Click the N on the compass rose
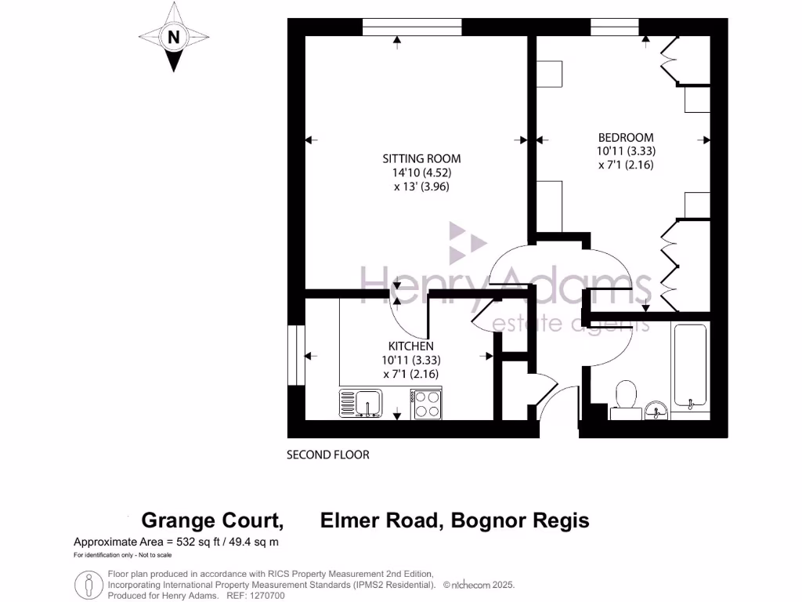[x=173, y=36]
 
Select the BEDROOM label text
[x=625, y=137]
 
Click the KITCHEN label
[x=410, y=346]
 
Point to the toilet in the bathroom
[x=626, y=395]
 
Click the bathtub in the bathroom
[x=690, y=365]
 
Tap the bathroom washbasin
[x=657, y=408]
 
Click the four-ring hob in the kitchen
[x=427, y=404]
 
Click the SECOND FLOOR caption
[x=327, y=455]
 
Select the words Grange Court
[x=211, y=520]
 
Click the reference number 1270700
[x=266, y=596]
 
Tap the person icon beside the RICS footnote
[x=89, y=585]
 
